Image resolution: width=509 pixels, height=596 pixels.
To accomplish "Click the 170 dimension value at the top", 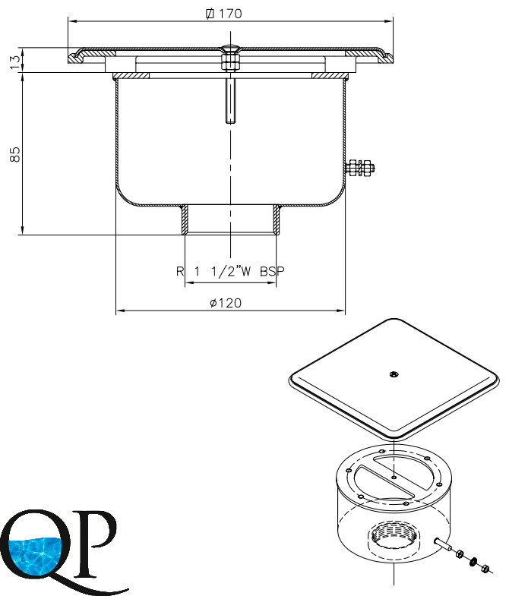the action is click(230, 14).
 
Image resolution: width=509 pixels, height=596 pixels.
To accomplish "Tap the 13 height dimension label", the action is click(15, 62).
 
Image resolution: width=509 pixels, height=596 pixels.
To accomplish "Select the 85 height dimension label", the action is click(15, 154).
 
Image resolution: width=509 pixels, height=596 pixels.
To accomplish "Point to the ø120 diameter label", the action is click(226, 303).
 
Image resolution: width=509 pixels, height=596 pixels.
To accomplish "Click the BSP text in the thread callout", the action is click(272, 271).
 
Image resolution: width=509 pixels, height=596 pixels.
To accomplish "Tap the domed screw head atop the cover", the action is click(230, 49).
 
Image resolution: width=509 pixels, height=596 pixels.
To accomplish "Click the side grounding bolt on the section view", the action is click(360, 167).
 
